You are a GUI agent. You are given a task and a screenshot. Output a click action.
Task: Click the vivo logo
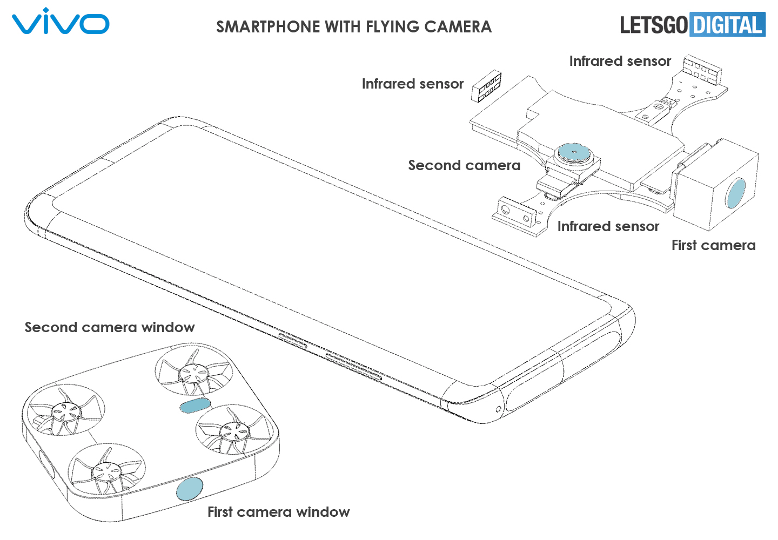pos(61,22)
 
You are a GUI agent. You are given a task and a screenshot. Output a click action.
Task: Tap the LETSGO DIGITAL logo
pos(693,25)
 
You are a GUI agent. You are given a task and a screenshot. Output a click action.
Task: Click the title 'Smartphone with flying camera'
pos(354,27)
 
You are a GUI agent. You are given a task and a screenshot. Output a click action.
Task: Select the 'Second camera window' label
pos(110,327)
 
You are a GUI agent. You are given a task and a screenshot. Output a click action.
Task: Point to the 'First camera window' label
pos(278,512)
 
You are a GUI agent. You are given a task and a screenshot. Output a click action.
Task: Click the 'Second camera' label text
pos(464,165)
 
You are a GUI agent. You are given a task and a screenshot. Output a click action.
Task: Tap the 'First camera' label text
pos(713,245)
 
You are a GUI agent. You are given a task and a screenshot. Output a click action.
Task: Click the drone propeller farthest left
pos(65,411)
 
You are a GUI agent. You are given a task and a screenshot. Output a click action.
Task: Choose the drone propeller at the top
pos(193,372)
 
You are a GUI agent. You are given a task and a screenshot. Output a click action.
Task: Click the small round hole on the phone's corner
pos(498,409)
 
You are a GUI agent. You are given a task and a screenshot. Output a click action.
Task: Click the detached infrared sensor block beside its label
pos(486,86)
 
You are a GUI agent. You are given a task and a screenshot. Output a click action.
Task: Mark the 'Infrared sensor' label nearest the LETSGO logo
pos(620,61)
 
